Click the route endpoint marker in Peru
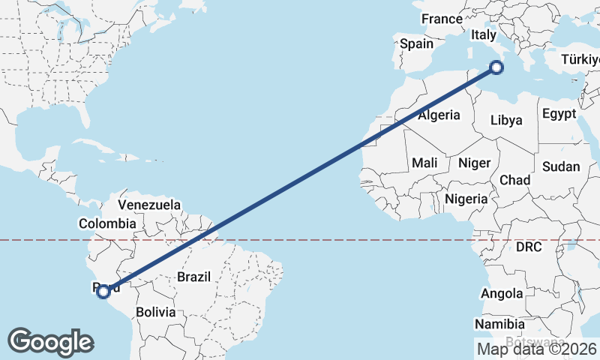click(104, 292)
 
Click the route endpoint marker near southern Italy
click(496, 68)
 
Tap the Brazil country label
click(193, 277)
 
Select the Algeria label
click(439, 115)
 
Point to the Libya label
click(506, 120)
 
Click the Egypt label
click(559, 114)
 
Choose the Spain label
click(416, 44)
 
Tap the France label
click(442, 19)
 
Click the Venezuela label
click(151, 205)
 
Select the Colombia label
click(108, 223)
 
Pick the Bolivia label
click(156, 311)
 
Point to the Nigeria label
click(466, 199)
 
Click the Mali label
click(424, 163)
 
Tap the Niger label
click(474, 163)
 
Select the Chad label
click(514, 180)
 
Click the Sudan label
click(561, 166)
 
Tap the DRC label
click(529, 247)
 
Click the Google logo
click(50, 342)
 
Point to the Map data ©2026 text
click(536, 348)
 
